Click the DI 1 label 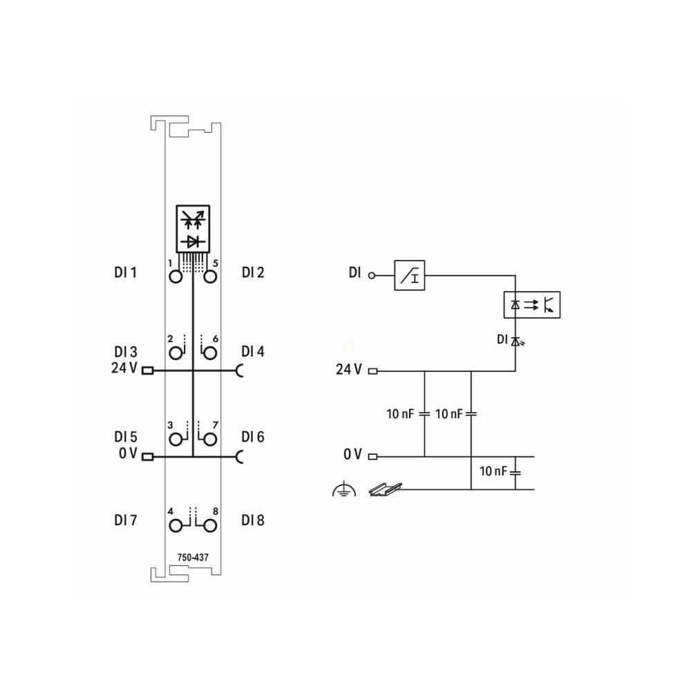click(x=125, y=272)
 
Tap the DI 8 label click(x=253, y=520)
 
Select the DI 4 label click(x=253, y=352)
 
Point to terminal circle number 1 click(x=176, y=277)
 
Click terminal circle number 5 click(x=210, y=277)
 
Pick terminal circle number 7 click(x=210, y=440)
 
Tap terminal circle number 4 click(x=176, y=526)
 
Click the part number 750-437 click(x=193, y=557)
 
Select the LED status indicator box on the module click(x=193, y=229)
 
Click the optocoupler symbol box click(x=532, y=305)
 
